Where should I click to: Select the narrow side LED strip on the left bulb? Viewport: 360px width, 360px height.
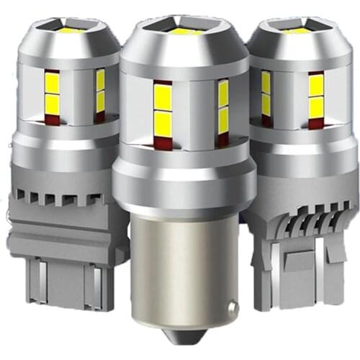pyautogui.click(x=100, y=89)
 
